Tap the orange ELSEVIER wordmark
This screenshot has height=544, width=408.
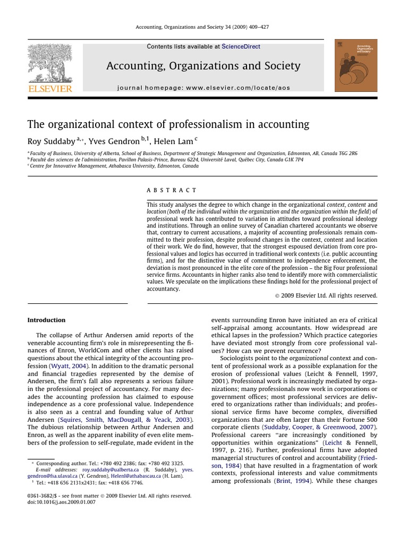point(50,89)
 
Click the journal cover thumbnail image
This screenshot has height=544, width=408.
point(356,65)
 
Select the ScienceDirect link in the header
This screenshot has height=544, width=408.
point(241,47)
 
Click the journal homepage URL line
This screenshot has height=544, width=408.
point(203,88)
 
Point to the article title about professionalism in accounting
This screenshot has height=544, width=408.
point(168,124)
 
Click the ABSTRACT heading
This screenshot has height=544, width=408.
point(171,190)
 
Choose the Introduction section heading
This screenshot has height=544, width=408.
point(46,320)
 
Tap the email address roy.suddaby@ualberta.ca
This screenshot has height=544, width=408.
point(110,470)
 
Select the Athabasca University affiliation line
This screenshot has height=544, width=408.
point(114,166)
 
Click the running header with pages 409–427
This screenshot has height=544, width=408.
point(203,28)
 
